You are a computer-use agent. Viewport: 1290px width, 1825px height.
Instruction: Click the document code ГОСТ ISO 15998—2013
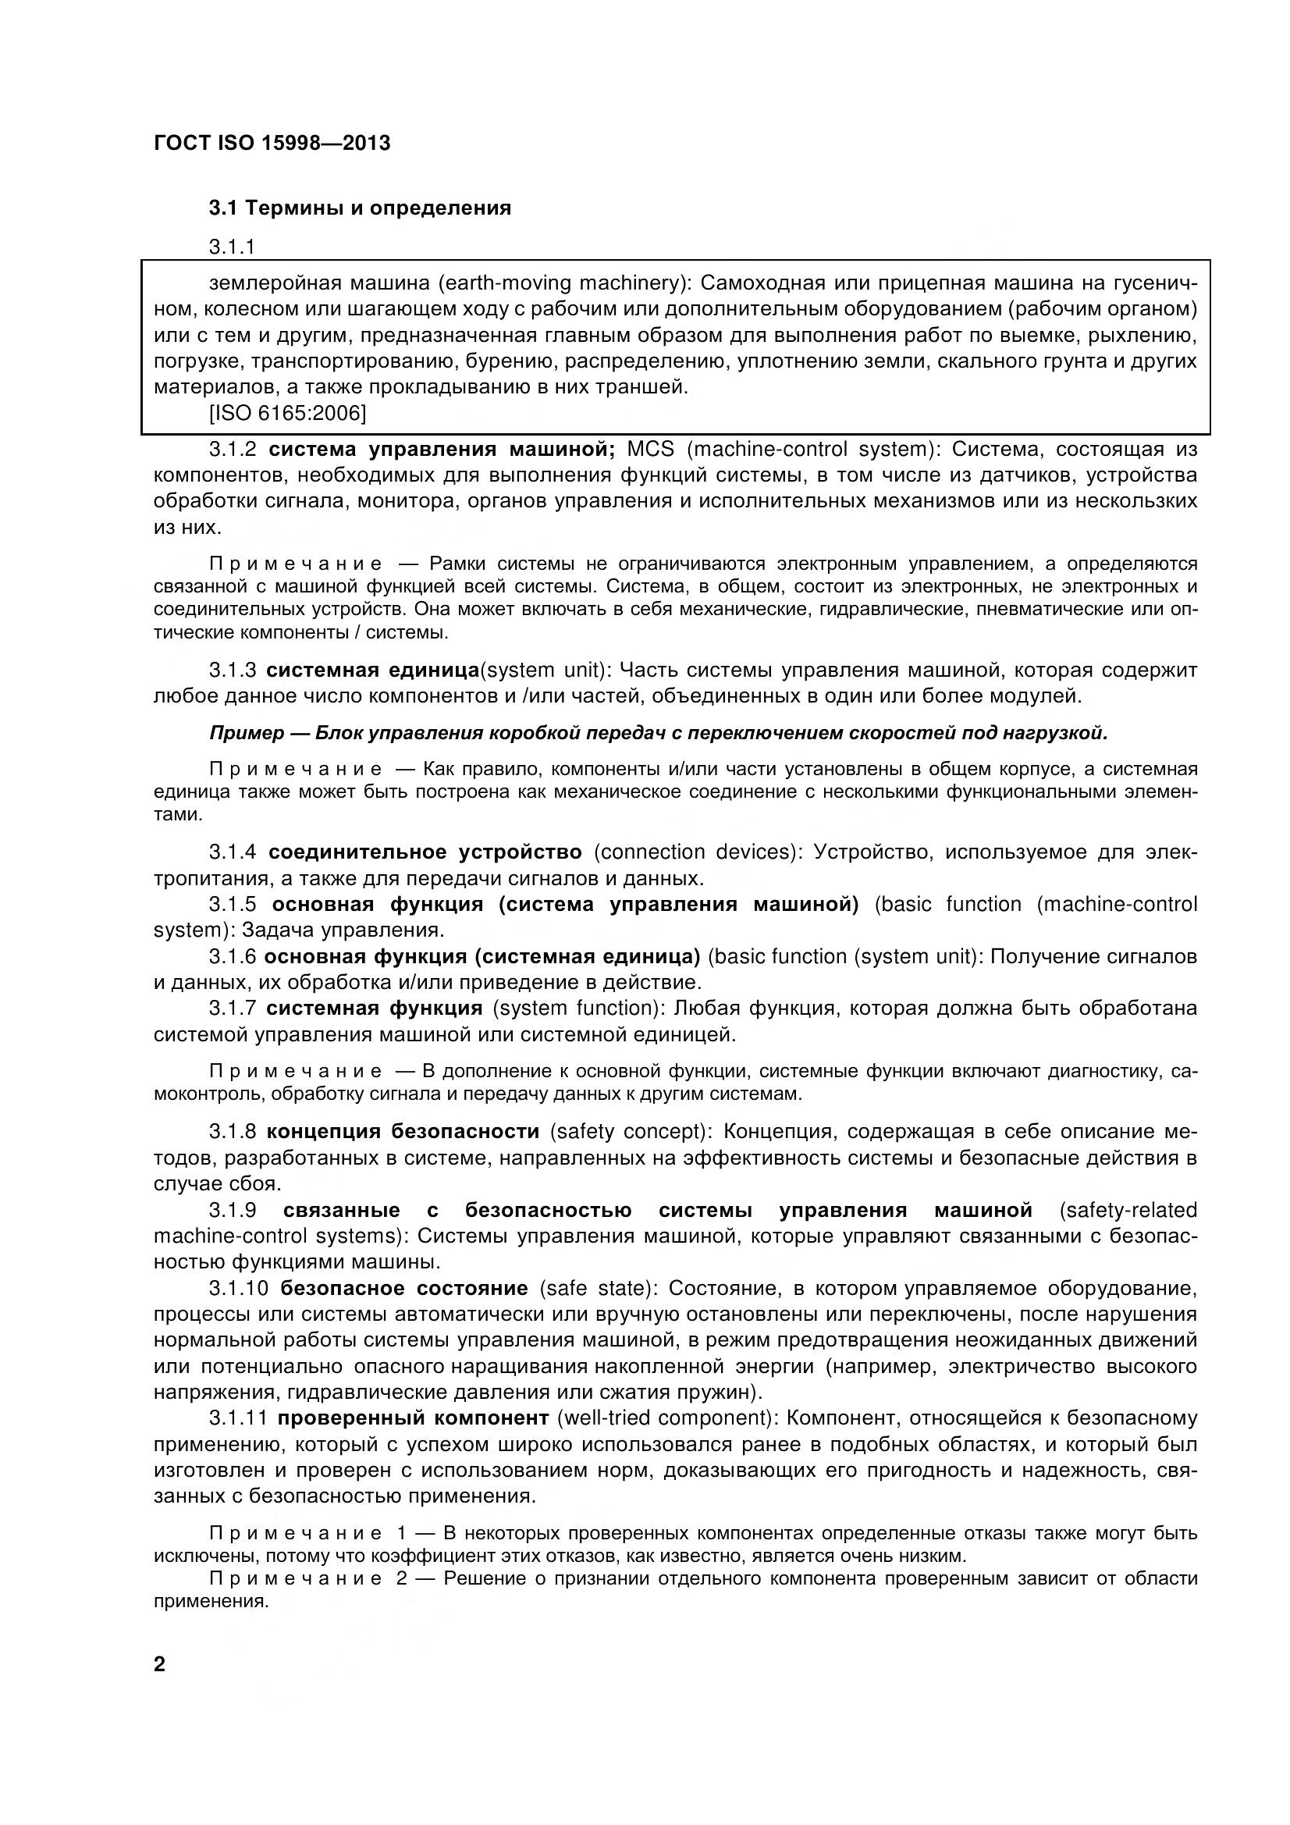point(272,144)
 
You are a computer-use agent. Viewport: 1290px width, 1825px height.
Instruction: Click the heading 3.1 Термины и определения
point(360,208)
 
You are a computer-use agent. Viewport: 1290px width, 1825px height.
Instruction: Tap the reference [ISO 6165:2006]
point(287,414)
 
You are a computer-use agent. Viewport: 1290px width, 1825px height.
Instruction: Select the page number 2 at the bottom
point(160,1663)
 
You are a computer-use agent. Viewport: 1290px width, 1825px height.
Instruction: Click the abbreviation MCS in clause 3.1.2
point(650,449)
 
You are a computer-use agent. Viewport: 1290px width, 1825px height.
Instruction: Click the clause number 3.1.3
point(232,670)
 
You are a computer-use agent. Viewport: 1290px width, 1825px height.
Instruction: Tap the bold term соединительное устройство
point(425,852)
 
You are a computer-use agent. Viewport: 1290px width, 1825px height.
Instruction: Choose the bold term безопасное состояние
point(404,1288)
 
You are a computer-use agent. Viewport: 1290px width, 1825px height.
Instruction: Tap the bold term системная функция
point(375,1008)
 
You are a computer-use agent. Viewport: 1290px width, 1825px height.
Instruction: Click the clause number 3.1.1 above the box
point(232,247)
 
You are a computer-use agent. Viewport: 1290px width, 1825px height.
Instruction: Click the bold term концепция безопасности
point(403,1130)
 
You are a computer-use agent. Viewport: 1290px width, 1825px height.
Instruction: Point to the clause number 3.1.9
point(232,1210)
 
